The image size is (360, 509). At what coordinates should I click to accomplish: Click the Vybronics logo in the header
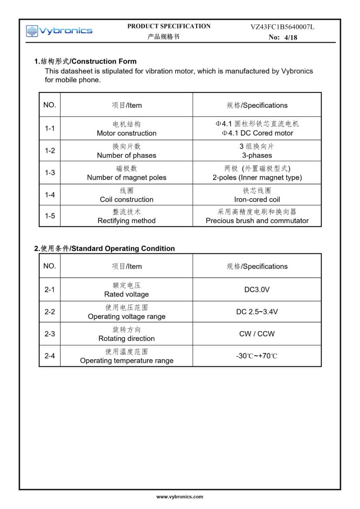pyautogui.click(x=59, y=31)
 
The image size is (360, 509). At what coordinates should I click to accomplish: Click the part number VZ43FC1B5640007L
pyautogui.click(x=282, y=27)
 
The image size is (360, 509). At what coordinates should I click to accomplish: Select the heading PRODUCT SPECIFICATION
pyautogui.click(x=169, y=26)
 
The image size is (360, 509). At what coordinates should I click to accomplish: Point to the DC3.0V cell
pyautogui.click(x=257, y=290)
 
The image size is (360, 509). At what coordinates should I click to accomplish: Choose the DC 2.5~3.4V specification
pyautogui.click(x=257, y=312)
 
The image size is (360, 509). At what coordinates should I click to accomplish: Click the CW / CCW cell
pyautogui.click(x=257, y=334)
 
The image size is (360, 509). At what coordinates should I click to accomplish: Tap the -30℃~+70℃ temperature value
pyautogui.click(x=257, y=356)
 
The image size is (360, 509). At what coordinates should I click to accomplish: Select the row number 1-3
pyautogui.click(x=50, y=173)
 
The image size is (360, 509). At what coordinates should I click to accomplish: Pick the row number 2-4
pyautogui.click(x=50, y=356)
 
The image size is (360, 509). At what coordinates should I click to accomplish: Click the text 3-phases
pyautogui.click(x=257, y=156)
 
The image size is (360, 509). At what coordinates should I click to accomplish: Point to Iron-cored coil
pyautogui.click(x=257, y=200)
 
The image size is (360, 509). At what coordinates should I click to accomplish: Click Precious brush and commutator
pyautogui.click(x=257, y=221)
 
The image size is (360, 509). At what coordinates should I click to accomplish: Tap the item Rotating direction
pyautogui.click(x=126, y=339)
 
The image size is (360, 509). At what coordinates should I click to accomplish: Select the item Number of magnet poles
pyautogui.click(x=126, y=177)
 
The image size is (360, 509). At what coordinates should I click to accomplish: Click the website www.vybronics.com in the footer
pyautogui.click(x=180, y=497)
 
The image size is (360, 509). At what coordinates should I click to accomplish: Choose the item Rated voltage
pyautogui.click(x=126, y=295)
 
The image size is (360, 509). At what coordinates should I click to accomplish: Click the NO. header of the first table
pyautogui.click(x=50, y=105)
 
